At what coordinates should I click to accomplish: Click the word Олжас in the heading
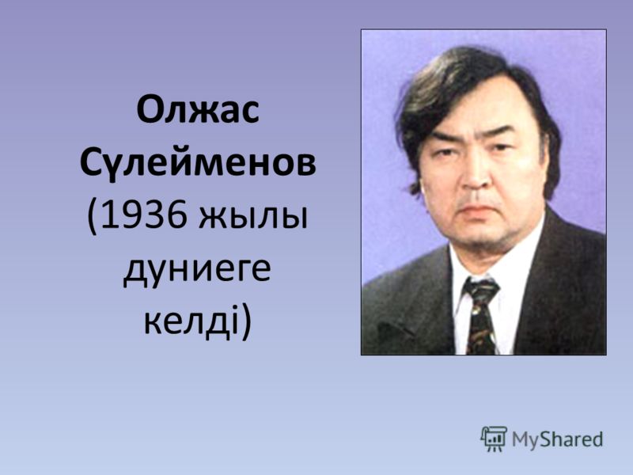click(198, 110)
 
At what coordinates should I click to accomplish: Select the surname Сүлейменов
click(198, 164)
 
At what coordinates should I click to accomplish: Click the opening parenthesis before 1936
click(92, 218)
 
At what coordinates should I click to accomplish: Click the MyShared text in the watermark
click(558, 440)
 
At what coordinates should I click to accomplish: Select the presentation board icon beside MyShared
click(494, 439)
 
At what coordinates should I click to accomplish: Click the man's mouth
click(480, 210)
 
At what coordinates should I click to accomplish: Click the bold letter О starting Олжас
click(150, 110)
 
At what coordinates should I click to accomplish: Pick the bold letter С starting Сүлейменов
click(90, 164)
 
